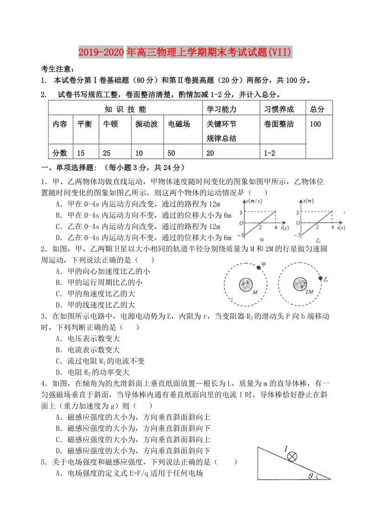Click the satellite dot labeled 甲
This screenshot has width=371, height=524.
259,268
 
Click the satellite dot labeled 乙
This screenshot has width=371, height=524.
320,278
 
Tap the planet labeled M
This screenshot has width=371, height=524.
246,284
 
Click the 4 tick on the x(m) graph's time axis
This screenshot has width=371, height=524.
332,228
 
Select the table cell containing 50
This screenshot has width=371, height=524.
172,153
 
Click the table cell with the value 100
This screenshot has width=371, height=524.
315,124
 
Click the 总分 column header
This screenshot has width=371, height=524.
317,109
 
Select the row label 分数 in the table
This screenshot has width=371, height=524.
60,153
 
